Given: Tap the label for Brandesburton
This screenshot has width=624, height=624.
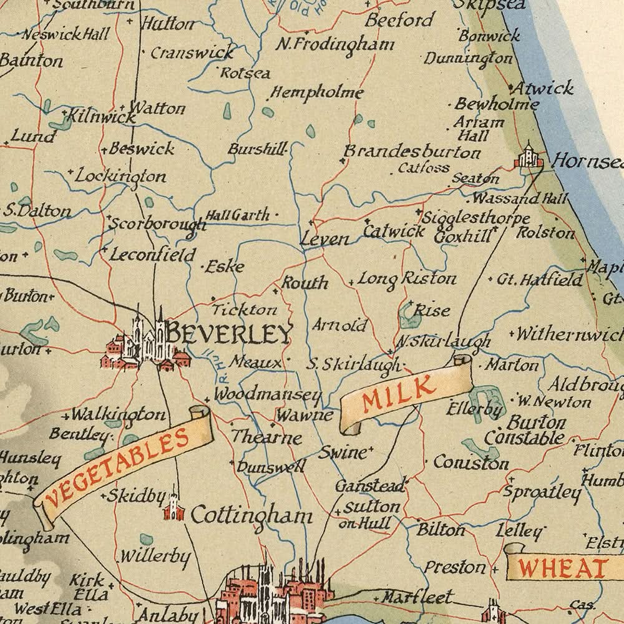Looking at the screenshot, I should point(412,152).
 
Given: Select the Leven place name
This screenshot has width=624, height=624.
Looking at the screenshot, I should point(324,238).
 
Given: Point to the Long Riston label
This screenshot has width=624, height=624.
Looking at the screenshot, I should point(406,278).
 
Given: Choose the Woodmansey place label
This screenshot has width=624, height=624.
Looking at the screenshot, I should point(268,395).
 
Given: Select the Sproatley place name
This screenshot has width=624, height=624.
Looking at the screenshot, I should point(542,492).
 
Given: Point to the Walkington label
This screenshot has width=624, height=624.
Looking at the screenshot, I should point(118,414).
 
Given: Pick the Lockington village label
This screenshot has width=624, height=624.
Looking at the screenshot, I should point(120,177).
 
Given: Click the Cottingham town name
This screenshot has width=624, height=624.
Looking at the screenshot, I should point(251,515).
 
